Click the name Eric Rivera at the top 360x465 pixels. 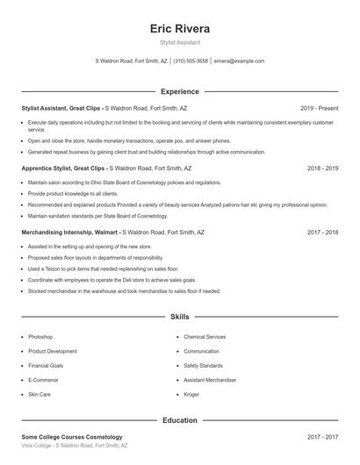[180, 28]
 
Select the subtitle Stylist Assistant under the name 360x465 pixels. [180, 41]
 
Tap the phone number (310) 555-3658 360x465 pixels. [191, 61]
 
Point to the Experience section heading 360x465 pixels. [180, 91]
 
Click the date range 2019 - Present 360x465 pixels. [319, 108]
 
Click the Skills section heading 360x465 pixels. [180, 316]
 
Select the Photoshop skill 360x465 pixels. [40, 337]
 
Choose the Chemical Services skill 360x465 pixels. [205, 337]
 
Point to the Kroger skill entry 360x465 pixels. [192, 395]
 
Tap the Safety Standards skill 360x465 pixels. [204, 366]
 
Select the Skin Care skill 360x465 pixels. [40, 395]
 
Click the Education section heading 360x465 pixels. [180, 420]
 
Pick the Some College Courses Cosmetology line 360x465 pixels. [72, 437]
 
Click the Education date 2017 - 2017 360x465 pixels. [322, 437]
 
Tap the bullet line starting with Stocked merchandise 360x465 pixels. [124, 291]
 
